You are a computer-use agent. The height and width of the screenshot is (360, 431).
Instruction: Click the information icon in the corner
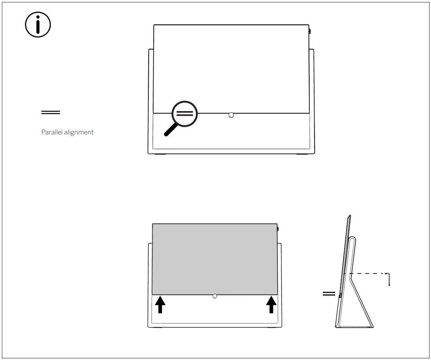38,25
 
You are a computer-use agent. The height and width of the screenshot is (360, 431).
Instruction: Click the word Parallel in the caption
51,132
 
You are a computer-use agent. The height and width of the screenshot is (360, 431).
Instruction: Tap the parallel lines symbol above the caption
50,112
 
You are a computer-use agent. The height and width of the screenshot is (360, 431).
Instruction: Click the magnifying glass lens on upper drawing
184,114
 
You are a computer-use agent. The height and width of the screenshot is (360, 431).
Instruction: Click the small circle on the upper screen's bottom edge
231,115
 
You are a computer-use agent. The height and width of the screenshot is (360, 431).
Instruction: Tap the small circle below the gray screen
215,296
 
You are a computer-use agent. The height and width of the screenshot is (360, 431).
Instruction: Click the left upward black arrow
160,305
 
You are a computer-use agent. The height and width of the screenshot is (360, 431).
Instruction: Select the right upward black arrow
271,305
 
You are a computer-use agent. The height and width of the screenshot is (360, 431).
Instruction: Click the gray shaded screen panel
215,258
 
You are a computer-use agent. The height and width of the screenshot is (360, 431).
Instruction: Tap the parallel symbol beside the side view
329,294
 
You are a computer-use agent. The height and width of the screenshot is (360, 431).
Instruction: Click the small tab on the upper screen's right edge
310,31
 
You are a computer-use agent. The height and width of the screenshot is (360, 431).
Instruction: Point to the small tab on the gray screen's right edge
278,229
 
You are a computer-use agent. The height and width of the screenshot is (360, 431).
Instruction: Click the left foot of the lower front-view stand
157,328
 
